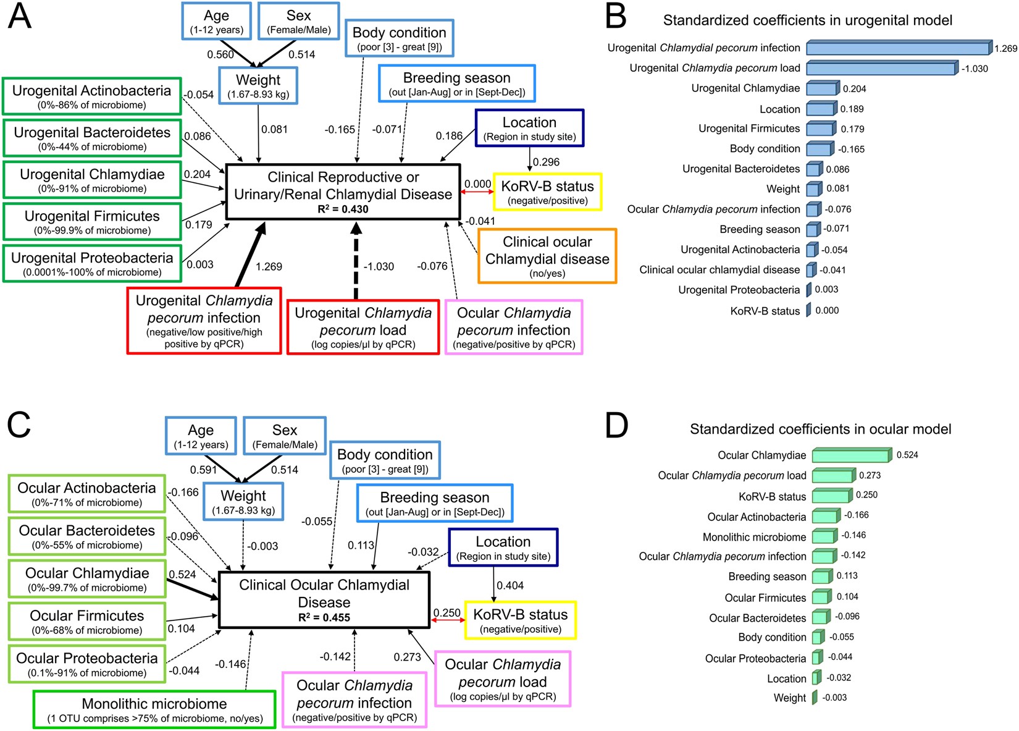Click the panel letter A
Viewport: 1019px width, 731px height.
(19, 18)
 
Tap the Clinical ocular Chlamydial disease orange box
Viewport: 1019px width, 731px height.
(547, 256)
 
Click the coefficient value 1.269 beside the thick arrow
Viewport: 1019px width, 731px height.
(269, 266)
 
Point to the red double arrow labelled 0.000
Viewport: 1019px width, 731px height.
(477, 192)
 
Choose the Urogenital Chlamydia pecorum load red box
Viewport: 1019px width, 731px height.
(363, 327)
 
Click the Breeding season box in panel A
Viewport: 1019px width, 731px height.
(456, 84)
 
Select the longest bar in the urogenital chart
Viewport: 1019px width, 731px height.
(898, 48)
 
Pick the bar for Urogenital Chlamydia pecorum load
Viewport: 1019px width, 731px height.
(881, 68)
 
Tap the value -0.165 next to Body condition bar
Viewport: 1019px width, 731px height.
(851, 149)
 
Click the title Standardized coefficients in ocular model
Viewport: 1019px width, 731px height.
(820, 429)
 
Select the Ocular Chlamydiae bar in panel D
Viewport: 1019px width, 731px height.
(851, 455)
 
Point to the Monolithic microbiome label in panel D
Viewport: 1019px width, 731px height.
(754, 537)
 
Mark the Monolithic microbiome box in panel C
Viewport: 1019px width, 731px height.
(154, 709)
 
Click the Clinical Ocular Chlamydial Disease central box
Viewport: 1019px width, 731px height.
(324, 600)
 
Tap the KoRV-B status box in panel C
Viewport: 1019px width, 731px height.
(520, 620)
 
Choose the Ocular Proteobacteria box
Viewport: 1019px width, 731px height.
(87, 664)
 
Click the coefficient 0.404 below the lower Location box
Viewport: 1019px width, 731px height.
(510, 585)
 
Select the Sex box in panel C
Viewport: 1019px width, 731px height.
(285, 436)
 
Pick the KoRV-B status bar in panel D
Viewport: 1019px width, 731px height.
(831, 496)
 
